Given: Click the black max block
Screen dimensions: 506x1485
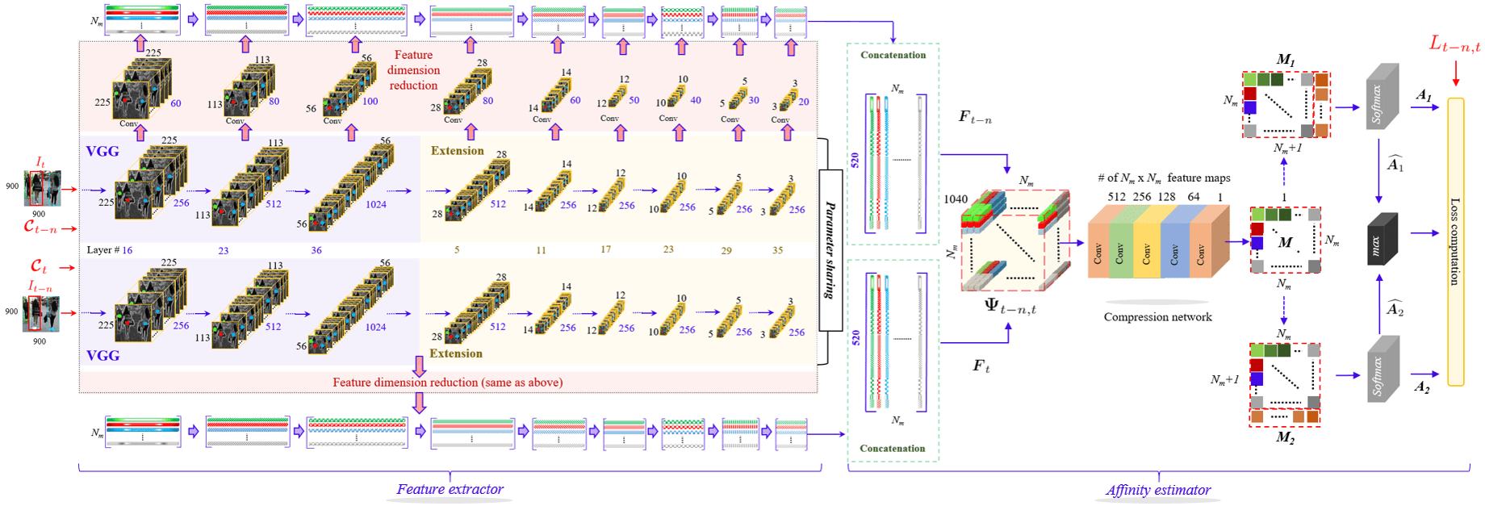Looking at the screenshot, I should point(1381,239).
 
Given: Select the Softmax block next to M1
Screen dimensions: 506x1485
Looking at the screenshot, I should point(1382,97).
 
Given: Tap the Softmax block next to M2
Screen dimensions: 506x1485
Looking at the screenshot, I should point(1382,370).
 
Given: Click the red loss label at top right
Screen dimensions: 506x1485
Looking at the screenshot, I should point(1454,45).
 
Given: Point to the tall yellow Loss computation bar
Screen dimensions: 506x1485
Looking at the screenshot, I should point(1455,242).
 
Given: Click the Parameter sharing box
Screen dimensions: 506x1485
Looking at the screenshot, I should point(830,250).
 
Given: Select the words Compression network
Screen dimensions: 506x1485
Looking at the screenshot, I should point(1157,317).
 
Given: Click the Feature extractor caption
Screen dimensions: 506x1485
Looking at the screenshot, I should point(450,489).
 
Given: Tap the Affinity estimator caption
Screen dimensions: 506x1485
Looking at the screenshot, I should point(1157,490).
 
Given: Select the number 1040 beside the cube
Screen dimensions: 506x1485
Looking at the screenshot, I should point(956,199).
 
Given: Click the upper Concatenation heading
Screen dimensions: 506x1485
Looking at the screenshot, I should point(893,55).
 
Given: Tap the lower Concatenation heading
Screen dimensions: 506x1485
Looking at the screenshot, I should point(893,448).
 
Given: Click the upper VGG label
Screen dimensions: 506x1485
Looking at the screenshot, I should point(102,151).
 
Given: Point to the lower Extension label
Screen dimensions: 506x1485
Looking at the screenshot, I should point(456,353).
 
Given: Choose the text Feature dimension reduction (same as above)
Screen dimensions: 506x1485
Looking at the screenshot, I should point(448,382).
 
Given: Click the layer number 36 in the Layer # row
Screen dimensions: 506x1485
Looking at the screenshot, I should point(316,250).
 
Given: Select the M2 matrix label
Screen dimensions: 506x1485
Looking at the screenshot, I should point(1285,437).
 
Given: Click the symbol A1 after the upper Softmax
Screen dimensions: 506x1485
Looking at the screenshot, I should point(1424,96).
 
